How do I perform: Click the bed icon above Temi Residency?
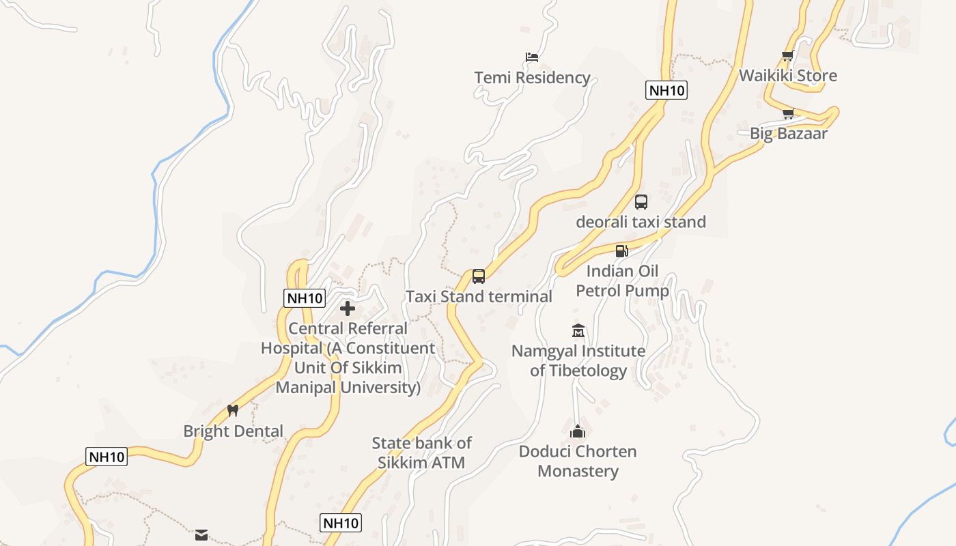[532, 57]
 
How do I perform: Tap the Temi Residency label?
[532, 77]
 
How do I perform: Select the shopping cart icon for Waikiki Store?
[787, 55]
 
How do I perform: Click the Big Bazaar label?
[788, 133]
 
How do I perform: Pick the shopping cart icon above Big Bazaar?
[788, 113]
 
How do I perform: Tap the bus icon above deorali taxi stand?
[641, 201]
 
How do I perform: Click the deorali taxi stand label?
[641, 222]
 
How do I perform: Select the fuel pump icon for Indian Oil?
[621, 250]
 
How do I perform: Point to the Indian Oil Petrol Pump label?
[622, 281]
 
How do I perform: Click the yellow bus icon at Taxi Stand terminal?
[479, 276]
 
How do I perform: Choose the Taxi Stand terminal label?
[479, 296]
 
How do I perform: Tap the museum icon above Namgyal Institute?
[578, 331]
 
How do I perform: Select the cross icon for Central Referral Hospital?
[348, 308]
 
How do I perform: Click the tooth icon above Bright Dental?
[233, 410]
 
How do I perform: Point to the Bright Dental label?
[233, 431]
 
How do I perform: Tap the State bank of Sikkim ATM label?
[421, 452]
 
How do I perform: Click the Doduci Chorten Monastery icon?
[578, 431]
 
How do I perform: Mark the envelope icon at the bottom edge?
[201, 535]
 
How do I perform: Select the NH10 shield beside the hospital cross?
[305, 298]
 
